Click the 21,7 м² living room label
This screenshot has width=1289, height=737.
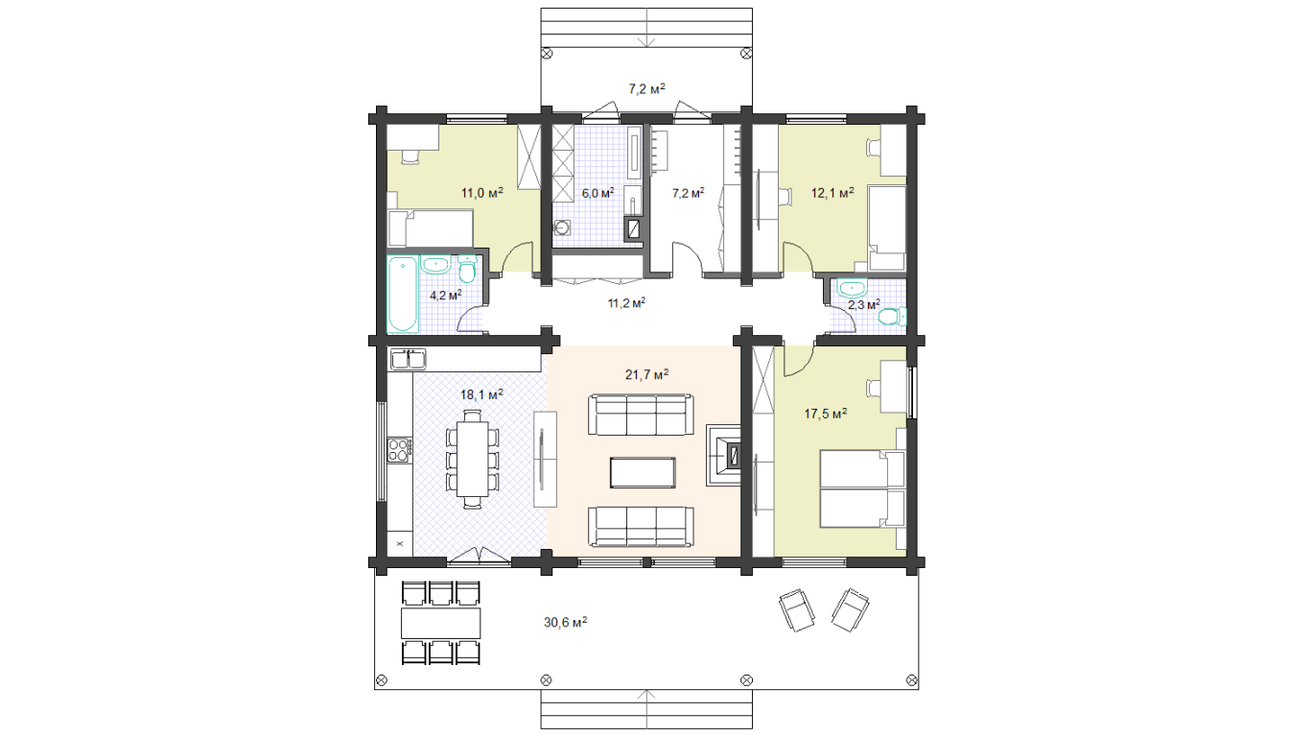coord(646,375)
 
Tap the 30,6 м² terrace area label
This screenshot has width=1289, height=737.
coord(566,622)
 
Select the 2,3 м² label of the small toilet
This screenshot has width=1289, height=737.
coord(864,304)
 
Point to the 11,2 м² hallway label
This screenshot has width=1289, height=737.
coord(626,303)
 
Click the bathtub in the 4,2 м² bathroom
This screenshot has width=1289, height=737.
coord(403,296)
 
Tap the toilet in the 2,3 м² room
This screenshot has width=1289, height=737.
coord(891,316)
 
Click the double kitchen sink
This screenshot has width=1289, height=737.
coord(408,359)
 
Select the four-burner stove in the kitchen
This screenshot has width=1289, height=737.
coord(399,450)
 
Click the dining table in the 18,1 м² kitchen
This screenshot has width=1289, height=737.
coord(473,459)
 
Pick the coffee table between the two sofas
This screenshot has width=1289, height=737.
coord(643,472)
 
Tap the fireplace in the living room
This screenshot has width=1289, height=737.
coord(724,456)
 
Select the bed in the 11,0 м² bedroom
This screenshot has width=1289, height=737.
coord(431,228)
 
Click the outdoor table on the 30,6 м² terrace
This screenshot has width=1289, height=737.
coord(441,623)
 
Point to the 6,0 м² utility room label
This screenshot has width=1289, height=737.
coord(598,194)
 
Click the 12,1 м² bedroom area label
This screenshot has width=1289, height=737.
coord(832,193)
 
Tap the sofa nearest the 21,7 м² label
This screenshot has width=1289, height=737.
coord(641,415)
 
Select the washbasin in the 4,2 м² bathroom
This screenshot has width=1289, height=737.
coord(436,266)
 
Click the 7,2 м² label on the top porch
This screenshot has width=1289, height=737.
coord(646,88)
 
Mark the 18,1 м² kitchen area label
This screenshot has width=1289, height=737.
coord(481,394)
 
